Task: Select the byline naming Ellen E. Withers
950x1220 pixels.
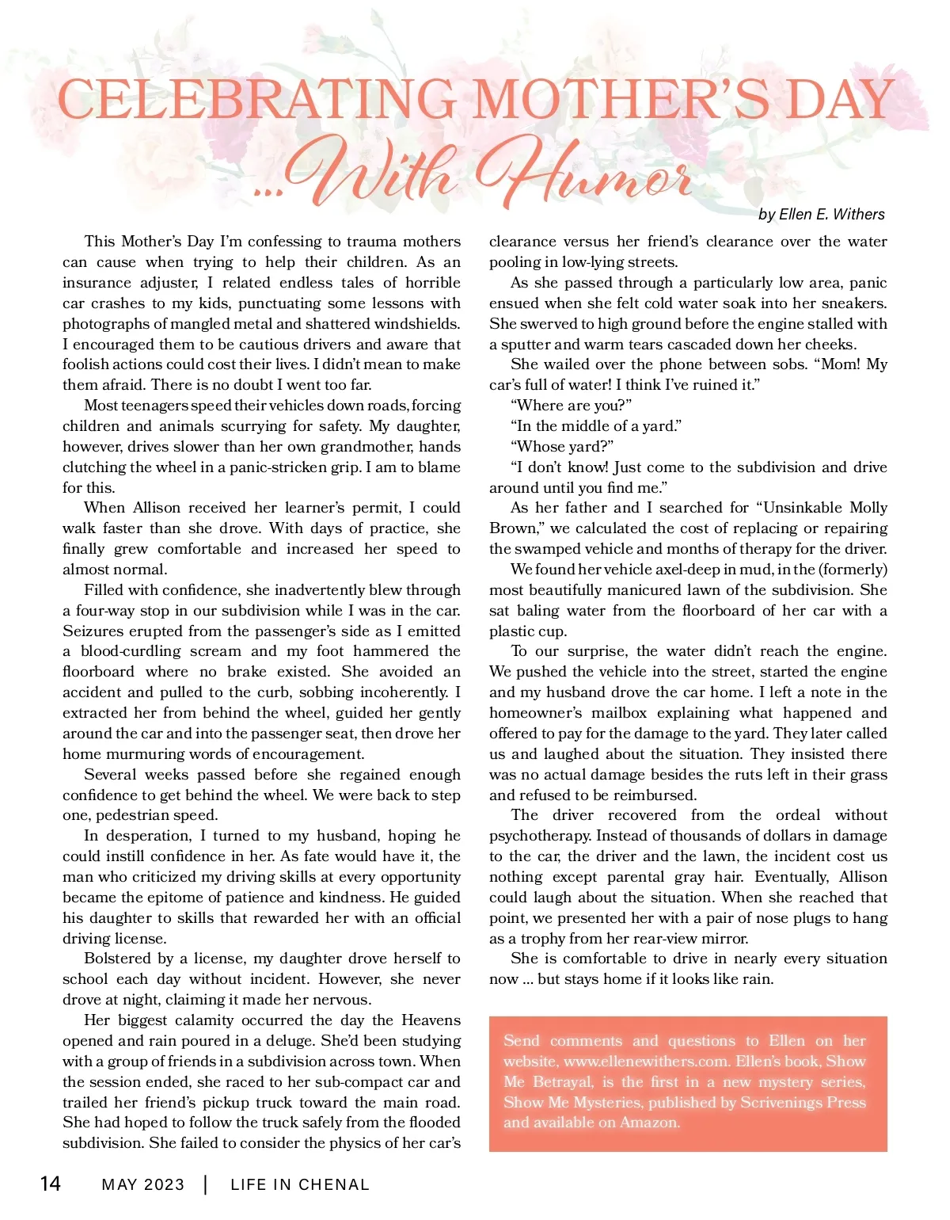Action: (x=821, y=214)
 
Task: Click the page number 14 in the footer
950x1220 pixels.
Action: (x=50, y=1184)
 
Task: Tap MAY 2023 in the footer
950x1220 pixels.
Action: (x=143, y=1184)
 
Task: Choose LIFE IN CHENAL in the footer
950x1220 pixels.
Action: (x=300, y=1184)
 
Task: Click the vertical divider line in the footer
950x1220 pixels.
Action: (x=206, y=1184)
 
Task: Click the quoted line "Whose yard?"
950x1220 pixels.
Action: (x=562, y=447)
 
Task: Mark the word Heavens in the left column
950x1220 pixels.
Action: (x=431, y=1020)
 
